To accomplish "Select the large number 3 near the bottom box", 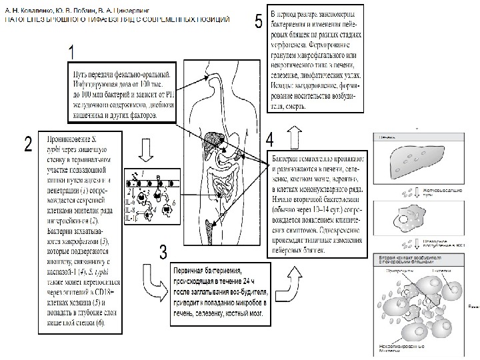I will (163, 252).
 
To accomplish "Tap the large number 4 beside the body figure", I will (269, 139).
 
